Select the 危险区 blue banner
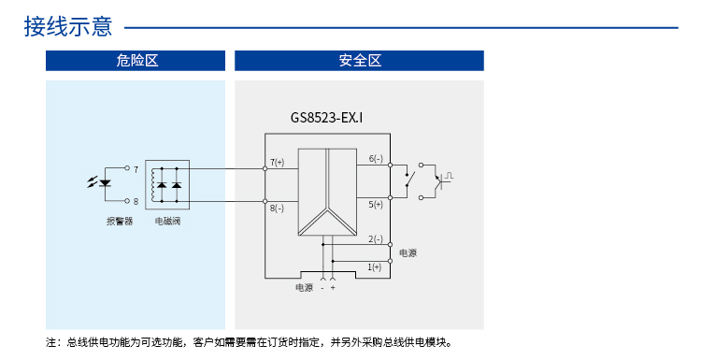(136, 61)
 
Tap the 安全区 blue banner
(359, 61)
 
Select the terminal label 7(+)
(277, 162)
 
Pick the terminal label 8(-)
(277, 208)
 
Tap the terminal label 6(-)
(376, 158)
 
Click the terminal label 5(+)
(376, 203)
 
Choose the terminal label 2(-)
(376, 238)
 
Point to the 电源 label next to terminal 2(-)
(408, 253)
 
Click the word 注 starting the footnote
(50, 343)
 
